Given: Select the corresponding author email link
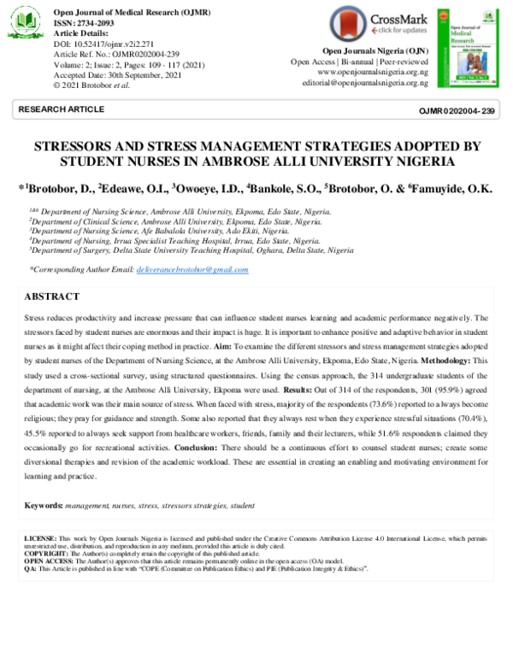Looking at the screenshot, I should tap(192, 270).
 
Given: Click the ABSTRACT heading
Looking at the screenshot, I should tap(52, 296).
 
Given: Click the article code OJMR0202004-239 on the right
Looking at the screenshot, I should tap(456, 111).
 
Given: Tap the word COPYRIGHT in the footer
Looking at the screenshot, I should tap(44, 553).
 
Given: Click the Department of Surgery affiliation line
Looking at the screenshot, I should tap(192, 251).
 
